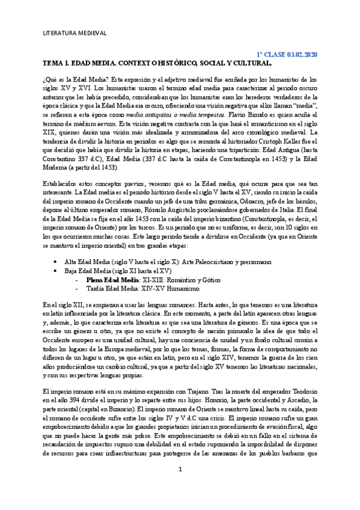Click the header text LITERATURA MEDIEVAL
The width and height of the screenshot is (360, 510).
pos(75,33)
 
